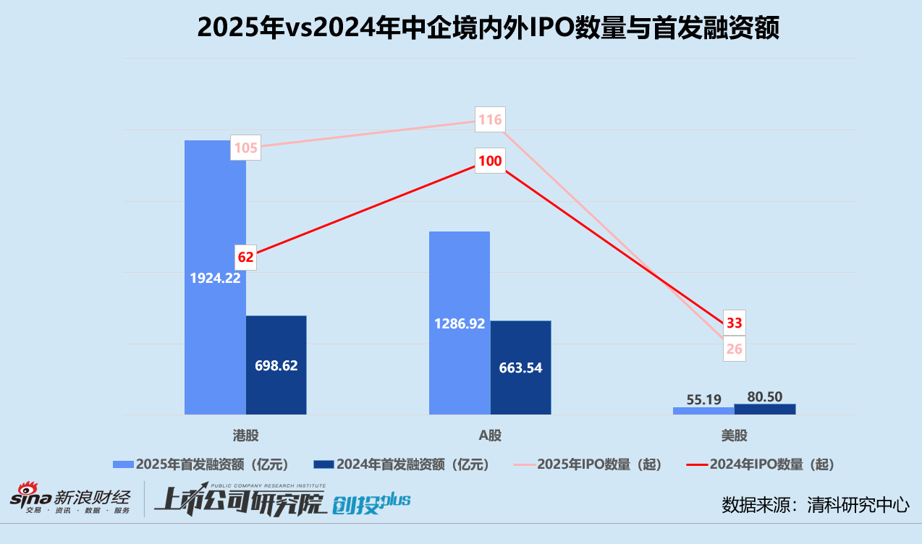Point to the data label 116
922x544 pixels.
pyautogui.click(x=490, y=120)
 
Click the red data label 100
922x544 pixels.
pyautogui.click(x=490, y=161)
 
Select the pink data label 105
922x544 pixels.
pyautogui.click(x=246, y=148)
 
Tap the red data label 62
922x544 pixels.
pyautogui.click(x=246, y=257)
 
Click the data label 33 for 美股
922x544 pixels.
pyautogui.click(x=735, y=323)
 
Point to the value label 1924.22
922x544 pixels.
pyautogui.click(x=215, y=278)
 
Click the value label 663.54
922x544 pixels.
pyautogui.click(x=520, y=368)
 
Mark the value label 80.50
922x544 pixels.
pyautogui.click(x=764, y=396)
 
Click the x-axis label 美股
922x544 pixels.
pyautogui.click(x=734, y=435)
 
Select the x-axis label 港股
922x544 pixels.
pyautogui.click(x=245, y=435)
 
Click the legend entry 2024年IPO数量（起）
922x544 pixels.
pyautogui.click(x=768, y=464)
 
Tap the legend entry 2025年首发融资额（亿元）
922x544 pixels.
pyautogui.click(x=201, y=464)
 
